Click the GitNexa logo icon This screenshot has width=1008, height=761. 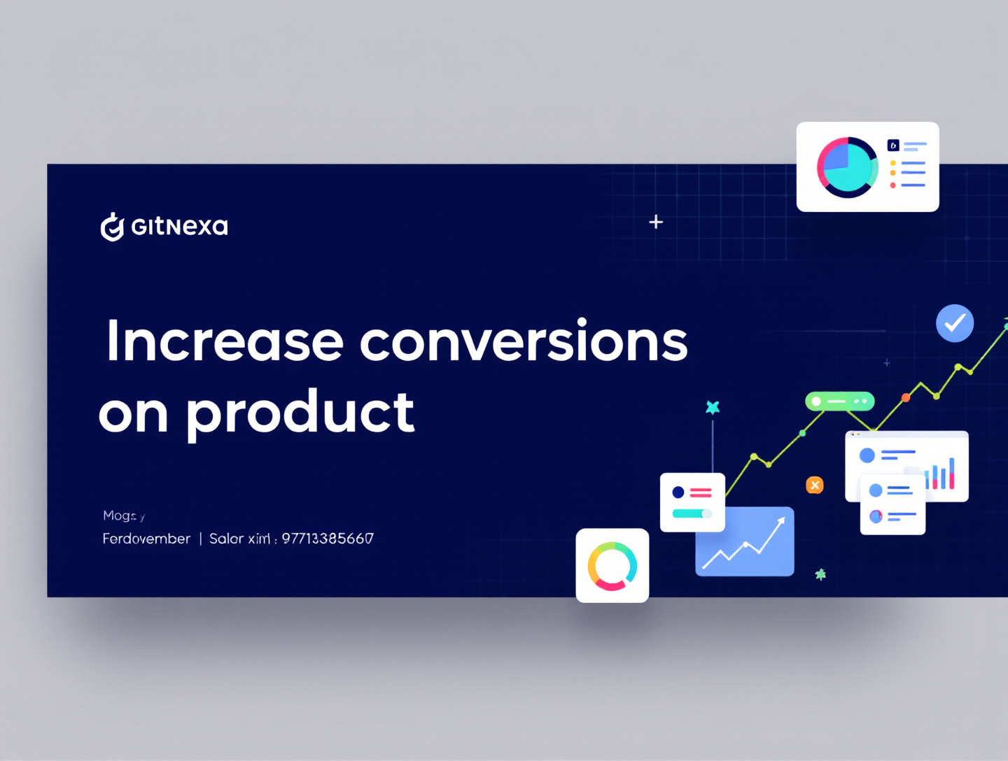coord(111,227)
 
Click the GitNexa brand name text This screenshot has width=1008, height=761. coord(179,227)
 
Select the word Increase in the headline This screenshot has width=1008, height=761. coord(224,341)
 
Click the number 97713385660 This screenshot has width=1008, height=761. coord(328,539)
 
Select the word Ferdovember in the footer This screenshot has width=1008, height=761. coord(146,539)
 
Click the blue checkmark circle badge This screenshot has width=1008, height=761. coord(955,323)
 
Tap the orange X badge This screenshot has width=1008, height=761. coord(815,485)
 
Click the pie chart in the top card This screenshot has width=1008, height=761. coord(847,167)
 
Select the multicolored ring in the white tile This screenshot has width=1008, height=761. coord(612,566)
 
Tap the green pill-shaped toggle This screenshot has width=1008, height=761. coord(839,401)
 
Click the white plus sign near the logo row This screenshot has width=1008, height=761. coord(656,222)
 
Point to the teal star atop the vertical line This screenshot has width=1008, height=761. coord(713,407)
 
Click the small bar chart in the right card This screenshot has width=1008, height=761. coord(941,474)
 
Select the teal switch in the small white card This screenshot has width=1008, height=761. coord(692,513)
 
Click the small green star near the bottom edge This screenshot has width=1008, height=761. coord(820,574)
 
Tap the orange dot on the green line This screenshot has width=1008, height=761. coord(906,397)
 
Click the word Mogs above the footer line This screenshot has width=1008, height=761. coord(120,515)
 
